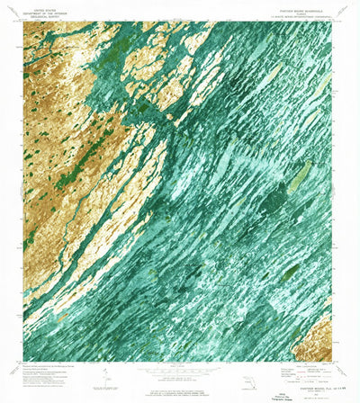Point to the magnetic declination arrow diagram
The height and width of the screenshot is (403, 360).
tap(106, 371)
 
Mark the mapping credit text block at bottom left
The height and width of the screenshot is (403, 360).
tap(54, 366)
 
